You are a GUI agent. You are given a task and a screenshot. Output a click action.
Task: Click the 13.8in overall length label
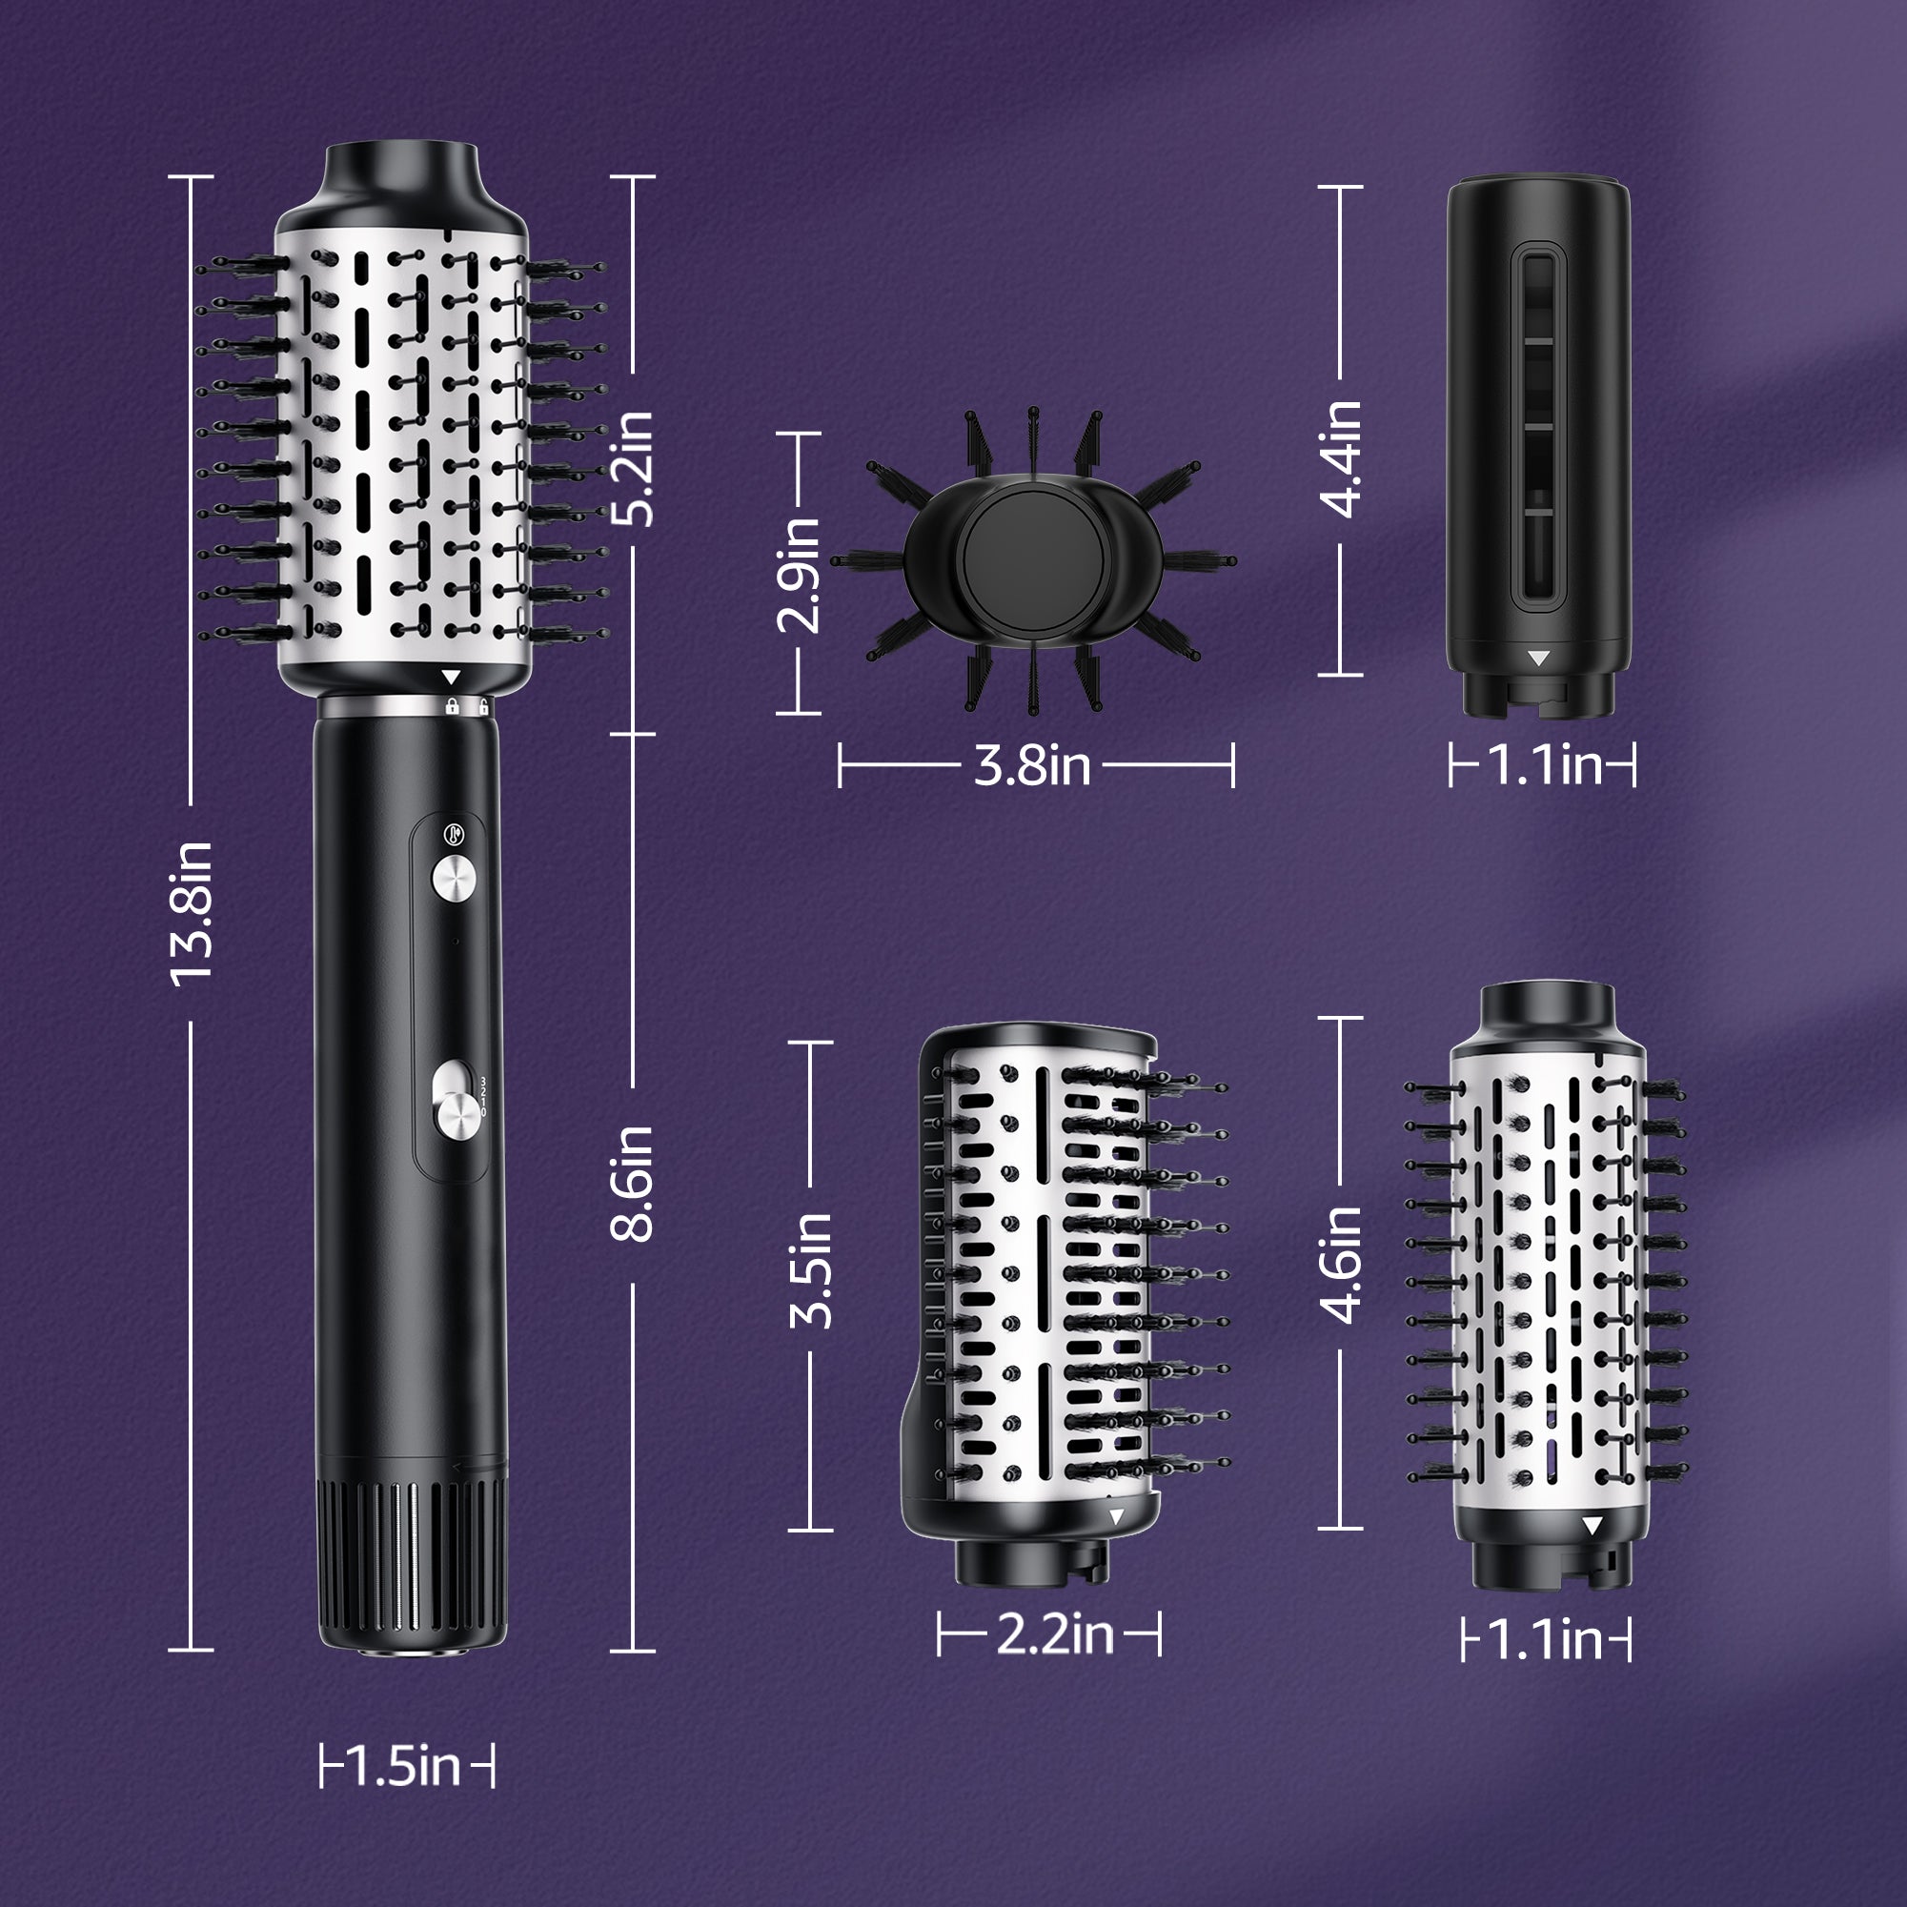tap(192, 914)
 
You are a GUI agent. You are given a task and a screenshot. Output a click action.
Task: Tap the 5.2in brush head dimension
tap(633, 468)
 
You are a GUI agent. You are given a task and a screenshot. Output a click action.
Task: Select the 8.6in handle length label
tap(633, 1183)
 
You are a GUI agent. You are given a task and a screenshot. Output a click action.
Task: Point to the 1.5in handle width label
tap(407, 1766)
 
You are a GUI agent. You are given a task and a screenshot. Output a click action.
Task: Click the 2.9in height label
tap(799, 575)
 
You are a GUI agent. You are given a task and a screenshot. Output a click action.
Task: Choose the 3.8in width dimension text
tap(1032, 765)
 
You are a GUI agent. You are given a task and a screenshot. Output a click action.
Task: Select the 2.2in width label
tap(1054, 1633)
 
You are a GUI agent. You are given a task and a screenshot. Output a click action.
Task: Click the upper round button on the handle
tap(454, 877)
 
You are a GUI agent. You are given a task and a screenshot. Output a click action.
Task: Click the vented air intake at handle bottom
tap(413, 1568)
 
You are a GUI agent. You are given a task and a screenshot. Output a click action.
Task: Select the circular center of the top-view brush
tap(1032, 561)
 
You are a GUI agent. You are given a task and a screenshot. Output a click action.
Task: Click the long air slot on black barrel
tap(1540, 427)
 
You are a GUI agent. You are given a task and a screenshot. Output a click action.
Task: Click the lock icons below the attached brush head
tap(467, 707)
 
